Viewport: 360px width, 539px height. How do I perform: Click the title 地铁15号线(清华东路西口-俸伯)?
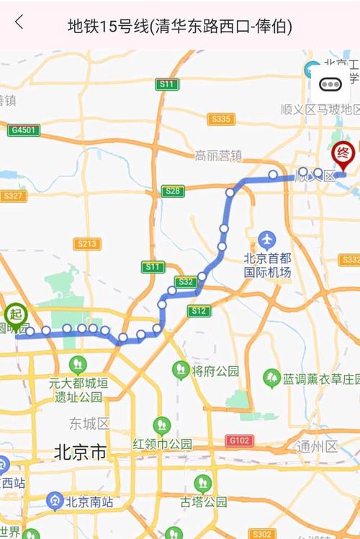click(x=179, y=27)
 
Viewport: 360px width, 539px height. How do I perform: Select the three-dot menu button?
click(x=330, y=83)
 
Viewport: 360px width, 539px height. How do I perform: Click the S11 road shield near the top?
click(x=167, y=84)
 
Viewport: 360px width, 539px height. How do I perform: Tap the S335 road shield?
click(x=221, y=119)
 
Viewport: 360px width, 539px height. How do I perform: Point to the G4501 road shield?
click(x=24, y=130)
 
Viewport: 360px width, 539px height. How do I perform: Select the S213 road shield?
click(x=86, y=244)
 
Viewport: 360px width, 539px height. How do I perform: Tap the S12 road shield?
click(x=199, y=311)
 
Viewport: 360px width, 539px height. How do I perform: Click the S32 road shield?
click(x=184, y=282)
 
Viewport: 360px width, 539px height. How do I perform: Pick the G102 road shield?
click(x=239, y=440)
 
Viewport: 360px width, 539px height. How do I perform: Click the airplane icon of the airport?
click(x=267, y=238)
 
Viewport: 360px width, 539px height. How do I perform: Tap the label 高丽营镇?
click(x=218, y=155)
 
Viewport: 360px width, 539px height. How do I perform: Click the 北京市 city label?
click(x=80, y=453)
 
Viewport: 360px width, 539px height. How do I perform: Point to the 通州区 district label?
click(x=317, y=447)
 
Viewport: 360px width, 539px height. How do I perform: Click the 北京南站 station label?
click(x=87, y=501)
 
